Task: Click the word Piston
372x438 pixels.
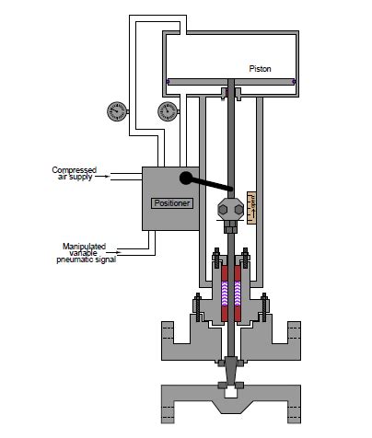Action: click(x=260, y=69)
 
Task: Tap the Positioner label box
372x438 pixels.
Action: click(x=172, y=202)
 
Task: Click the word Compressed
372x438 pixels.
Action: click(x=74, y=169)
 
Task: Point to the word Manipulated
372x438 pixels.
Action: click(x=86, y=247)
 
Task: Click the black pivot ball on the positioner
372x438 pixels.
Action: click(x=187, y=179)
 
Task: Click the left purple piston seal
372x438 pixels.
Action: click(x=168, y=82)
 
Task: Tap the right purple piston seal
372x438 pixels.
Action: click(x=294, y=82)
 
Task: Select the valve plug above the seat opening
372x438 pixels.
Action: click(x=231, y=386)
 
